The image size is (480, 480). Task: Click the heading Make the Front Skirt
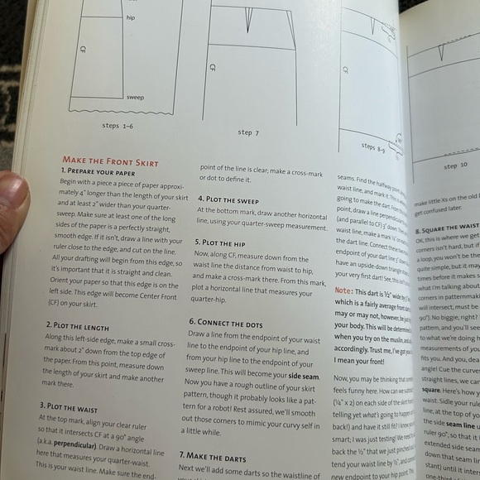click(x=111, y=161)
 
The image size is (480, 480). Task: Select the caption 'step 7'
click(x=248, y=133)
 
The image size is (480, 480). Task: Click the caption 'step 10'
click(x=455, y=166)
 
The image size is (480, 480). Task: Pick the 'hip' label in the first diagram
click(x=131, y=16)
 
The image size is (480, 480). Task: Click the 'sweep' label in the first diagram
click(x=135, y=97)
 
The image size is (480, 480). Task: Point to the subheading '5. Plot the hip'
click(x=225, y=243)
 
